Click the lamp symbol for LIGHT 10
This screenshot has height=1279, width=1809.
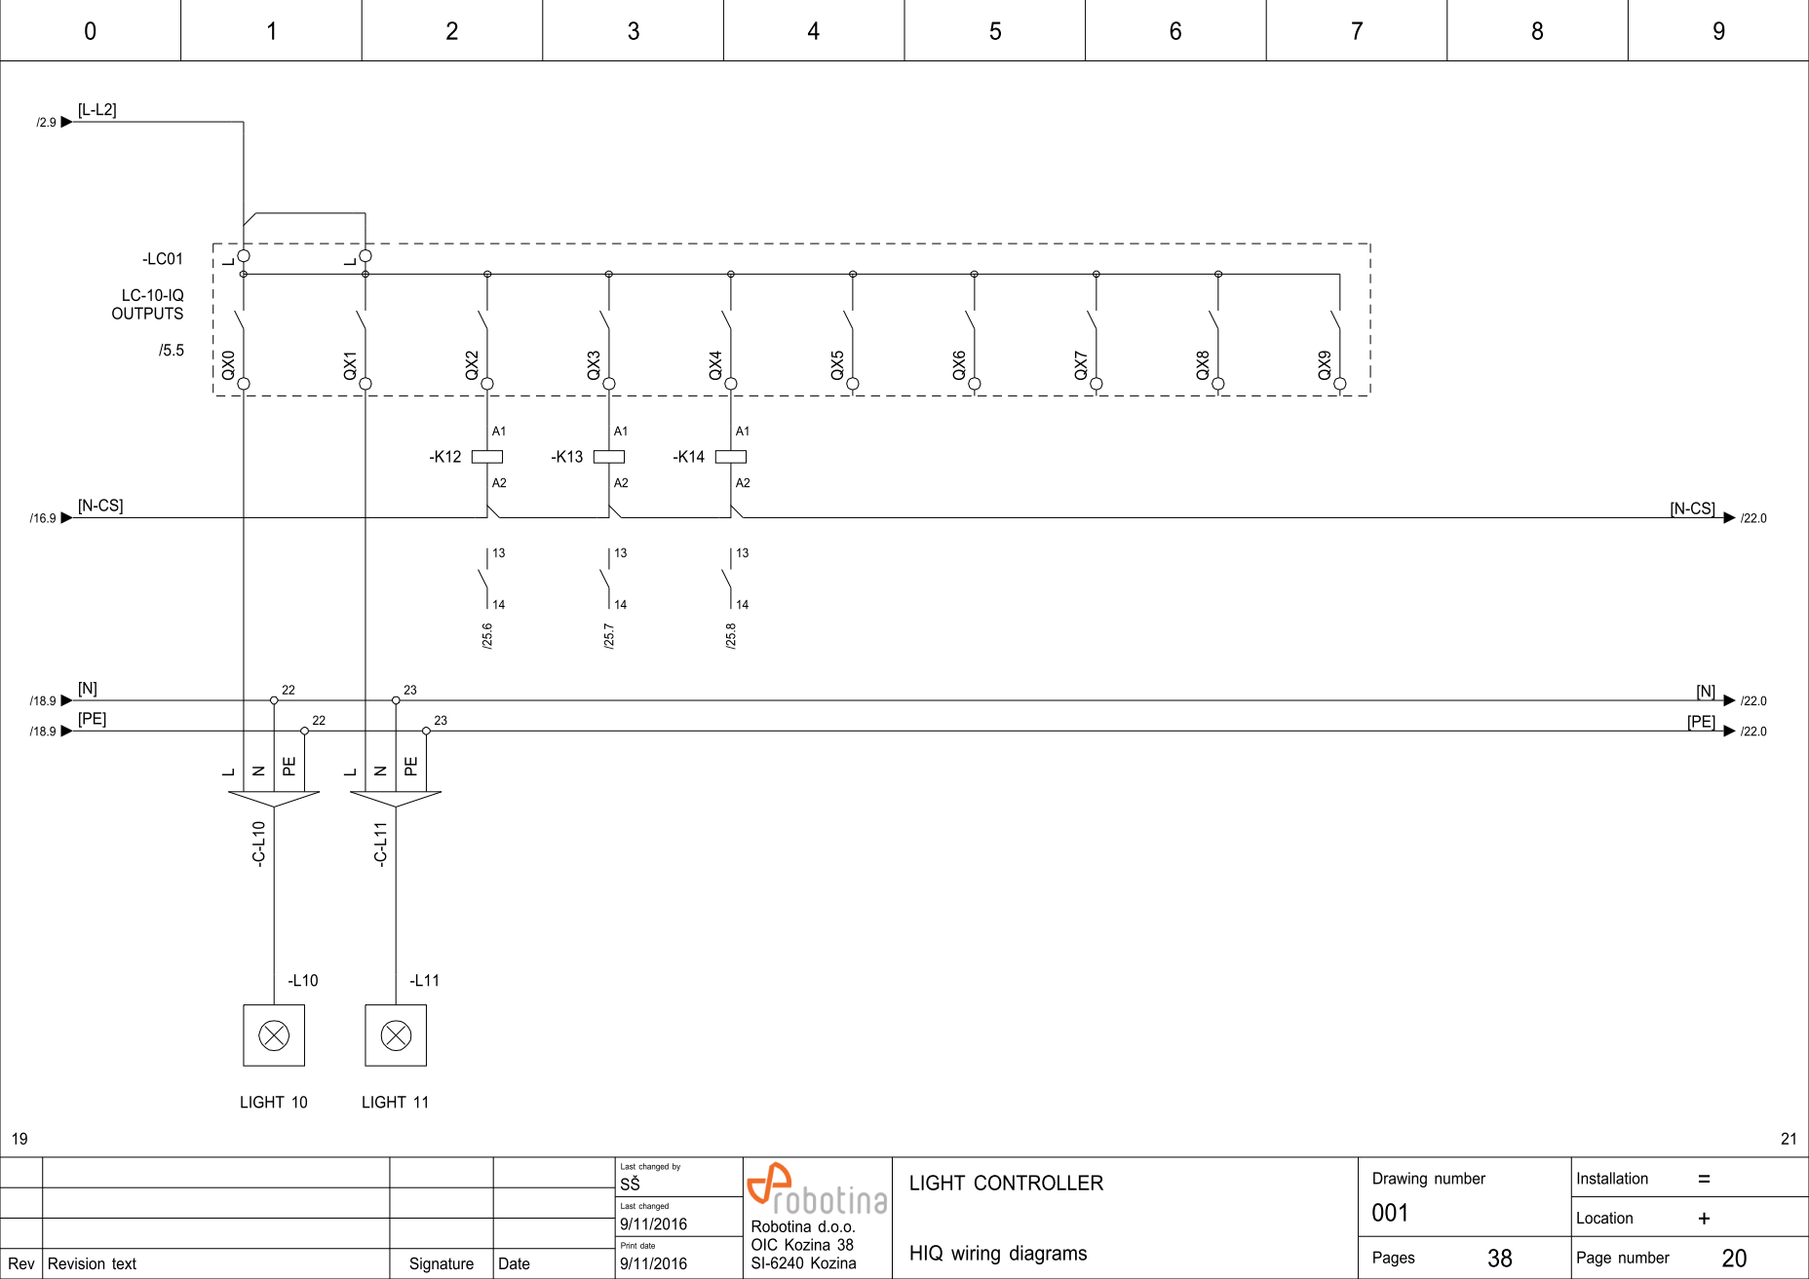(274, 1035)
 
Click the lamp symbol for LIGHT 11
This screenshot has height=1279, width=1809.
(396, 1035)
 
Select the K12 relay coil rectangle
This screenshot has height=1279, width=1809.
(487, 457)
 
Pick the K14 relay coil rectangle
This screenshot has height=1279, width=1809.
(731, 457)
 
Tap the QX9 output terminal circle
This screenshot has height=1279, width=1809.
(1340, 384)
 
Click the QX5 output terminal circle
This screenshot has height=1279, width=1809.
(853, 384)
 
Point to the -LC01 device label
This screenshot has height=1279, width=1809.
(163, 259)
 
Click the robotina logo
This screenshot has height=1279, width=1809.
(817, 1189)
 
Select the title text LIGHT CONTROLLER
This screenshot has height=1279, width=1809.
(1006, 1184)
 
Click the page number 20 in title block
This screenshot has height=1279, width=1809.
(1734, 1259)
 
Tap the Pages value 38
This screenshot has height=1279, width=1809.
(1499, 1259)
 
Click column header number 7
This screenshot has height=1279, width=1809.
(1356, 31)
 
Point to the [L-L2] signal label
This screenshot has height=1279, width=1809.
(97, 110)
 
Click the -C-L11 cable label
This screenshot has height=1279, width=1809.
(381, 844)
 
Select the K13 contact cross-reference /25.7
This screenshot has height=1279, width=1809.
(609, 636)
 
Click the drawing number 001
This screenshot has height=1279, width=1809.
(1390, 1214)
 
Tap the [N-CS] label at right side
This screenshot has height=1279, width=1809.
(1692, 508)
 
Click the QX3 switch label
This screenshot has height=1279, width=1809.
(594, 365)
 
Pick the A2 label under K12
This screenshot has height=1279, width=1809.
(499, 483)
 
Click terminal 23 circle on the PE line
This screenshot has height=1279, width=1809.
(426, 731)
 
